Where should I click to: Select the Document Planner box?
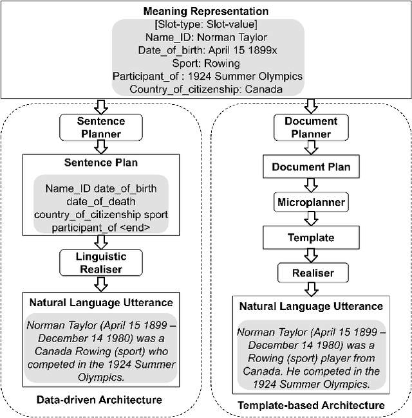tap(311, 127)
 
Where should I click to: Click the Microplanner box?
tap(311, 202)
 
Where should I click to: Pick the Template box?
tap(311, 237)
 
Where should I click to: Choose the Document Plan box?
tap(311, 167)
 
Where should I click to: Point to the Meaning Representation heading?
tap(206, 10)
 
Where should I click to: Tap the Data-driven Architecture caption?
tap(99, 400)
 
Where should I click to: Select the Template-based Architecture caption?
tap(311, 405)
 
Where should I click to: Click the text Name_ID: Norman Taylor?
tap(206, 37)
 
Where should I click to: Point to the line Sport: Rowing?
tap(206, 63)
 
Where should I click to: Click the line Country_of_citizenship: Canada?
tap(206, 89)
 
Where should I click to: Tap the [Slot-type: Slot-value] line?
tap(206, 24)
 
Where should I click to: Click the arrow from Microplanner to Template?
tap(311, 219)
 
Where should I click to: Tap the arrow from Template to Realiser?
tap(311, 255)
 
